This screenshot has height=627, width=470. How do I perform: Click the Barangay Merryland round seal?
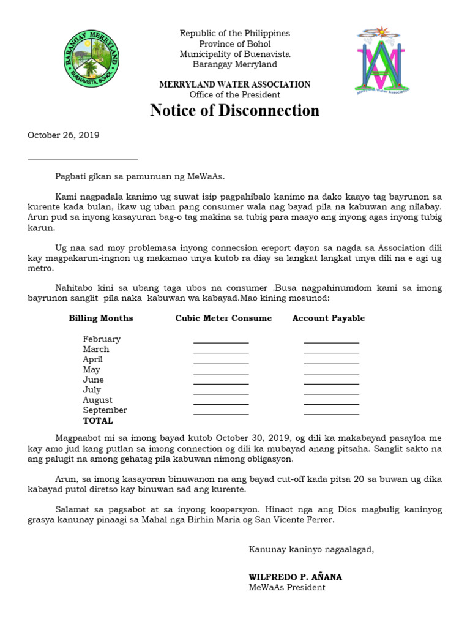pos(92,59)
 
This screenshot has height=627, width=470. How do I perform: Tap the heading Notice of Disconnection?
pos(235,111)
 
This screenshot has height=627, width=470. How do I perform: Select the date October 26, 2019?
pos(64,135)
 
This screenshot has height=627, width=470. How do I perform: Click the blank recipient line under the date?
pos(83,159)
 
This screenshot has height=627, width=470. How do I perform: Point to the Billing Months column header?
pos(101,318)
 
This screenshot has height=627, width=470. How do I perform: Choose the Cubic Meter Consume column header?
pos(223,318)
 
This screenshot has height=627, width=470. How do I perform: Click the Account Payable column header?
pos(329,318)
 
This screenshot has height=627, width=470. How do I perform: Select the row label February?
pos(102,339)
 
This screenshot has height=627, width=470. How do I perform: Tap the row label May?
pos(92,370)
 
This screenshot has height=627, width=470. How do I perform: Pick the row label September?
pos(105,410)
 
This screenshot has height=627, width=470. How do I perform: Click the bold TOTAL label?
pos(98,421)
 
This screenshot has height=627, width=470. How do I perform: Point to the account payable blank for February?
pos(332,342)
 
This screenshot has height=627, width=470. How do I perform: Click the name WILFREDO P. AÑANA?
pos(295,577)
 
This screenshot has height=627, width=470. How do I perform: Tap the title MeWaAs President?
pos(287,588)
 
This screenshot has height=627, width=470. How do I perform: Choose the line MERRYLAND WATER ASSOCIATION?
pos(235,84)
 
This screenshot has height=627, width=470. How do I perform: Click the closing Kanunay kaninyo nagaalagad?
pos(311,549)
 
